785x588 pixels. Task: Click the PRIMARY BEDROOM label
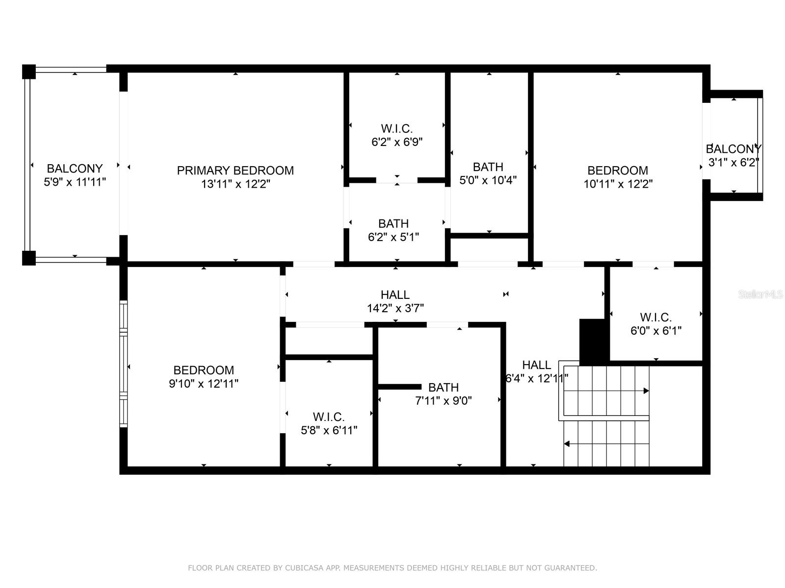(x=235, y=171)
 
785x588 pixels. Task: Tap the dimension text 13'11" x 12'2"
(x=235, y=184)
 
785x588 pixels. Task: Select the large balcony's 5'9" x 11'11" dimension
(x=75, y=182)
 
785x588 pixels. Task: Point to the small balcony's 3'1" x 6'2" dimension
(x=733, y=163)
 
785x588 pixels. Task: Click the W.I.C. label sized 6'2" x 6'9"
(x=396, y=128)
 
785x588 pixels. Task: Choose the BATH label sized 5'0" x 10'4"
(x=488, y=167)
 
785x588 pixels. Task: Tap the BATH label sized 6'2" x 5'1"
(x=393, y=224)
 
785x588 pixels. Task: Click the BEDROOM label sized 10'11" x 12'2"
(x=618, y=171)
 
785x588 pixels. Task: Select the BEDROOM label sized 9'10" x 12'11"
(x=204, y=370)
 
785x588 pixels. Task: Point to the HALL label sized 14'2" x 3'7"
(x=395, y=295)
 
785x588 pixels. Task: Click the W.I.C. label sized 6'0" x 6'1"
(x=656, y=318)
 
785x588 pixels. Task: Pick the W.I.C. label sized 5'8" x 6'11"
(x=329, y=417)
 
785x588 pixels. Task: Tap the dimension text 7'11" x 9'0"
(x=444, y=401)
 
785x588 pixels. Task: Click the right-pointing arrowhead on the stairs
(x=646, y=391)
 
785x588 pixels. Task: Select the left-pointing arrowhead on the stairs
(x=567, y=444)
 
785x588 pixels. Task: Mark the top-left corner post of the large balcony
(x=29, y=72)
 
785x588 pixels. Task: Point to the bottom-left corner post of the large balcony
(x=29, y=258)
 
